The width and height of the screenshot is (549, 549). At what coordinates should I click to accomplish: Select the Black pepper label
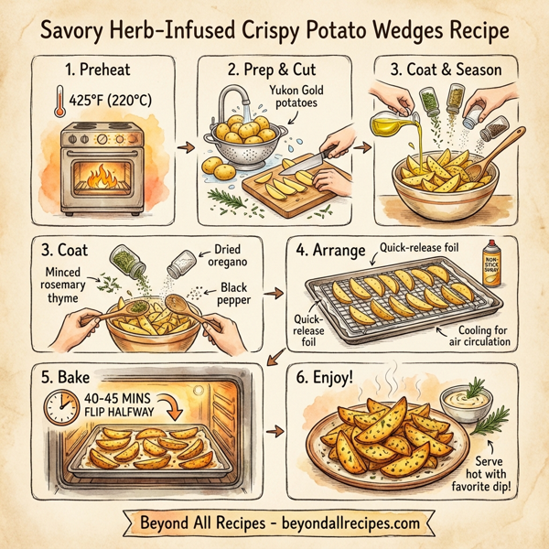[x=240, y=295]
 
